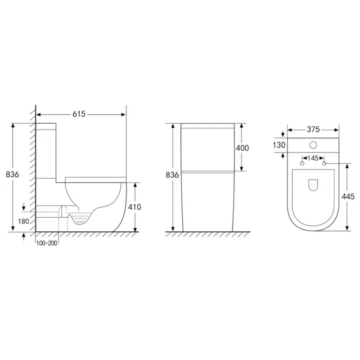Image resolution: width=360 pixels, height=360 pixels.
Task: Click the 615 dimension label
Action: tap(79, 114)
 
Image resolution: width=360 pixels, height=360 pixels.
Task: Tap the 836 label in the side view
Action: tap(13, 175)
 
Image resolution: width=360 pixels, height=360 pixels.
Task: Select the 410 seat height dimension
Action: tap(135, 207)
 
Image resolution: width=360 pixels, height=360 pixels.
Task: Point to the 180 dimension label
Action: tap(23, 221)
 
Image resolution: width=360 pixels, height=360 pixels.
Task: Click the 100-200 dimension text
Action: tap(47, 243)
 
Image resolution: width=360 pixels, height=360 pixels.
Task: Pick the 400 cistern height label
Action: tap(243, 148)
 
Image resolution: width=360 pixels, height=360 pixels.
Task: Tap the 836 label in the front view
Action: tap(172, 175)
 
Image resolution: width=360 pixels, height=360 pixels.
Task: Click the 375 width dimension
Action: tap(313, 130)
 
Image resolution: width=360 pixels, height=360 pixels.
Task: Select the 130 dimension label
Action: tap(279, 145)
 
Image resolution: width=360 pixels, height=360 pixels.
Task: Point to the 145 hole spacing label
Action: tap(313, 158)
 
